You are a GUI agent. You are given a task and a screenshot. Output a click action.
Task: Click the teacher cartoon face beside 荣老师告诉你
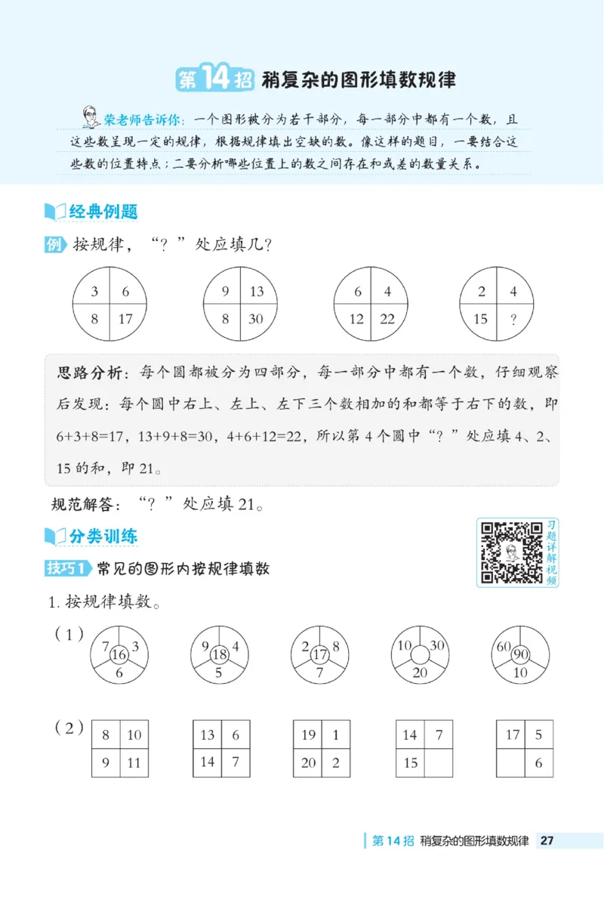[91, 118]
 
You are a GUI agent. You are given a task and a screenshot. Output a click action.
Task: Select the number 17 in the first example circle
[125, 318]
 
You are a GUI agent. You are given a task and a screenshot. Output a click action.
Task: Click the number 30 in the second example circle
[256, 318]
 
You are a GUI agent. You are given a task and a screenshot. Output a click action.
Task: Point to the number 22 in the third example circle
[387, 318]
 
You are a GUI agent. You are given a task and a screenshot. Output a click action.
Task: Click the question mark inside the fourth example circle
[513, 318]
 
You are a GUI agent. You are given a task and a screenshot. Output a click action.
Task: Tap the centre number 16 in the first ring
[119, 654]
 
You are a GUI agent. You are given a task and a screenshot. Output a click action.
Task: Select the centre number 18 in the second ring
[219, 654]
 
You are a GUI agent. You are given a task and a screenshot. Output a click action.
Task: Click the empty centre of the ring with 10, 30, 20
[420, 654]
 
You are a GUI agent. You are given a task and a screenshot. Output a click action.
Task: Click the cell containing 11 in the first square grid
[134, 762]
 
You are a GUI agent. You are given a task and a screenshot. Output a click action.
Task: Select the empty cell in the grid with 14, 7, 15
[438, 762]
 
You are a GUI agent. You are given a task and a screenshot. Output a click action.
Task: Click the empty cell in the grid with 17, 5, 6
[511, 762]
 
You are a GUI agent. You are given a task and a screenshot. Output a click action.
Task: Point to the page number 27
[548, 841]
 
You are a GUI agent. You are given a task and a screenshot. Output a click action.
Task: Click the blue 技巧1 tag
[68, 568]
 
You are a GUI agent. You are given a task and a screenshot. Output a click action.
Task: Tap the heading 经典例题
[103, 212]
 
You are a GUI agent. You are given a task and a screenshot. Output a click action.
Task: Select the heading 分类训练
[103, 537]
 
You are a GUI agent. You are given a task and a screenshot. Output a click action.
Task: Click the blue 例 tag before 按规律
[55, 245]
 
